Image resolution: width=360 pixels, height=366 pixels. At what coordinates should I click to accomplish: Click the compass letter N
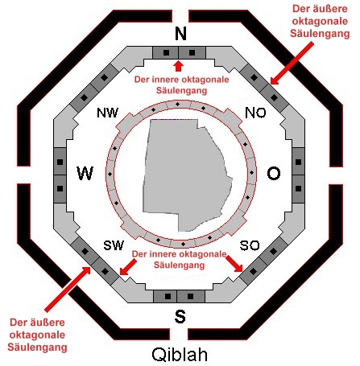(180, 34)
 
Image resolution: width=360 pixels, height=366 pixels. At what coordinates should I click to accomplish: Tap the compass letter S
(180, 316)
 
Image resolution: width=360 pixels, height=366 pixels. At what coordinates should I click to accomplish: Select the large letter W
(85, 173)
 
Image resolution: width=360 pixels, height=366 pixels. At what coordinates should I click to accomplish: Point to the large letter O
(274, 174)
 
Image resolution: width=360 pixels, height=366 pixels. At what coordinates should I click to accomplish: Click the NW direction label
(107, 113)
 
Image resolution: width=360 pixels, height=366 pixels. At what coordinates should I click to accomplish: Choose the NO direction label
(255, 113)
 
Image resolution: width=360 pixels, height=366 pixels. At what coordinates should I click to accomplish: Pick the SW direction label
(114, 245)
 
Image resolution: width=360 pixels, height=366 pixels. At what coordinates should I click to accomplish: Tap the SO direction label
(250, 245)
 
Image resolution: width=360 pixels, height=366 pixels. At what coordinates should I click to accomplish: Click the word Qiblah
(180, 355)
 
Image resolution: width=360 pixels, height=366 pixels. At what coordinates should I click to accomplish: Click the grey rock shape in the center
(185, 175)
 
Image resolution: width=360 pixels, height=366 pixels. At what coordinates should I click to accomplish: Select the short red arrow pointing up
(178, 67)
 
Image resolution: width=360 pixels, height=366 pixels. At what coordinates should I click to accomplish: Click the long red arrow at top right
(292, 63)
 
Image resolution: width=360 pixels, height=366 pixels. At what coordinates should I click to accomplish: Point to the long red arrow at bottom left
(68, 289)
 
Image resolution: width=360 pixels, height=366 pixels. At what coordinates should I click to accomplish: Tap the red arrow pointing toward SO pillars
(234, 264)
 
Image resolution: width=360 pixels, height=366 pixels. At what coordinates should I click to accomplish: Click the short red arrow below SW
(128, 267)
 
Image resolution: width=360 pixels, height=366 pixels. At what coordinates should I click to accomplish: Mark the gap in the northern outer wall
(180, 16)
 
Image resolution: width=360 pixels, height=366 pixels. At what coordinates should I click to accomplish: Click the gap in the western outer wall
(23, 175)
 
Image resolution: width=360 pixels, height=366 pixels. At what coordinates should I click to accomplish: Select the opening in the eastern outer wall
(336, 175)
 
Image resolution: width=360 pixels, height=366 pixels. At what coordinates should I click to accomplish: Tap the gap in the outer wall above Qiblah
(179, 334)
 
